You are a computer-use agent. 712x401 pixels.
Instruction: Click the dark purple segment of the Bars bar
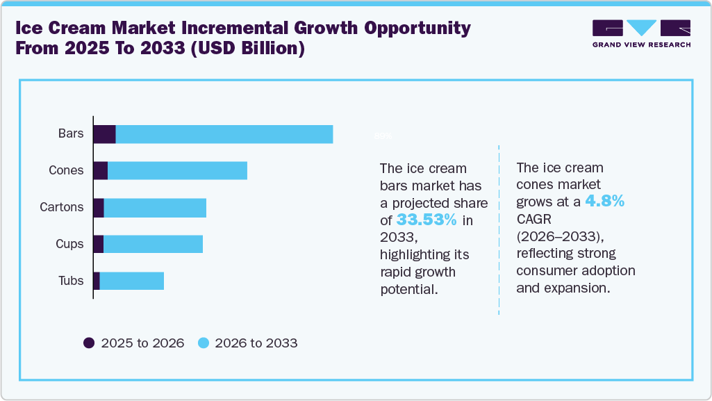(104, 134)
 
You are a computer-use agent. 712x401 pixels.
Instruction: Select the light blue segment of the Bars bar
(224, 134)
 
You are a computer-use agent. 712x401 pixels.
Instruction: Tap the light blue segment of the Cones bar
(177, 171)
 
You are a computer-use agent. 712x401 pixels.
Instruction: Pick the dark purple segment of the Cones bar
(100, 171)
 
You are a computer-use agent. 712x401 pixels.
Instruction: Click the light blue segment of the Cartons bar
(155, 208)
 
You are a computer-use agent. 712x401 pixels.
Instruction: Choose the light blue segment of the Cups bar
(153, 244)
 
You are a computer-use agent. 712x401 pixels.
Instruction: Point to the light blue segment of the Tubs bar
(131, 281)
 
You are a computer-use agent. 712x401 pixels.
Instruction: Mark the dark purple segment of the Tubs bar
(97, 281)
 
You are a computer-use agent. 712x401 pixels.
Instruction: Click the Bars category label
(71, 134)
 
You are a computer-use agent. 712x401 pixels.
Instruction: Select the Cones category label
(66, 171)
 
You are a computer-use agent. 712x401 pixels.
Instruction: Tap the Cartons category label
(62, 208)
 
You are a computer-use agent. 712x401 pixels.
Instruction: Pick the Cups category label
(69, 244)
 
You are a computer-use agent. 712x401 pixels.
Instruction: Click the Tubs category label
(71, 281)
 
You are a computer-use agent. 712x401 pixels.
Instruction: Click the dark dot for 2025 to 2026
(89, 343)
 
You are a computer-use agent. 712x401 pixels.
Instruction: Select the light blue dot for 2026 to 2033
(203, 343)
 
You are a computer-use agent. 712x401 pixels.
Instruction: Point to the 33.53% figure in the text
(427, 221)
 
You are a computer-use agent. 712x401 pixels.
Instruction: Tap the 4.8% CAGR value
(604, 202)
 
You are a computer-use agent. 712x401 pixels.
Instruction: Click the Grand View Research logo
(641, 33)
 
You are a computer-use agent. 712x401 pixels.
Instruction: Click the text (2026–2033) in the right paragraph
(553, 236)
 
